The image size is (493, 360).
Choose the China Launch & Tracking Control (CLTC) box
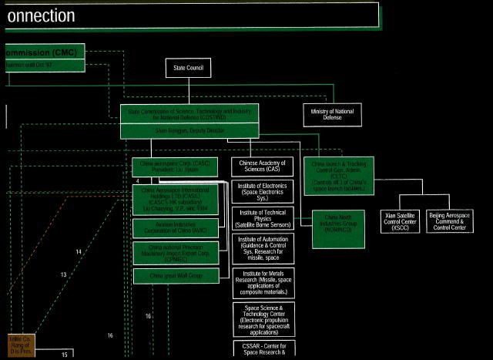tap(343, 176)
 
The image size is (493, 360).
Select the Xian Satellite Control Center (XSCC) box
tap(401, 220)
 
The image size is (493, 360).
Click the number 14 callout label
tap(78, 252)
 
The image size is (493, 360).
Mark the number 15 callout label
tap(65, 355)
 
